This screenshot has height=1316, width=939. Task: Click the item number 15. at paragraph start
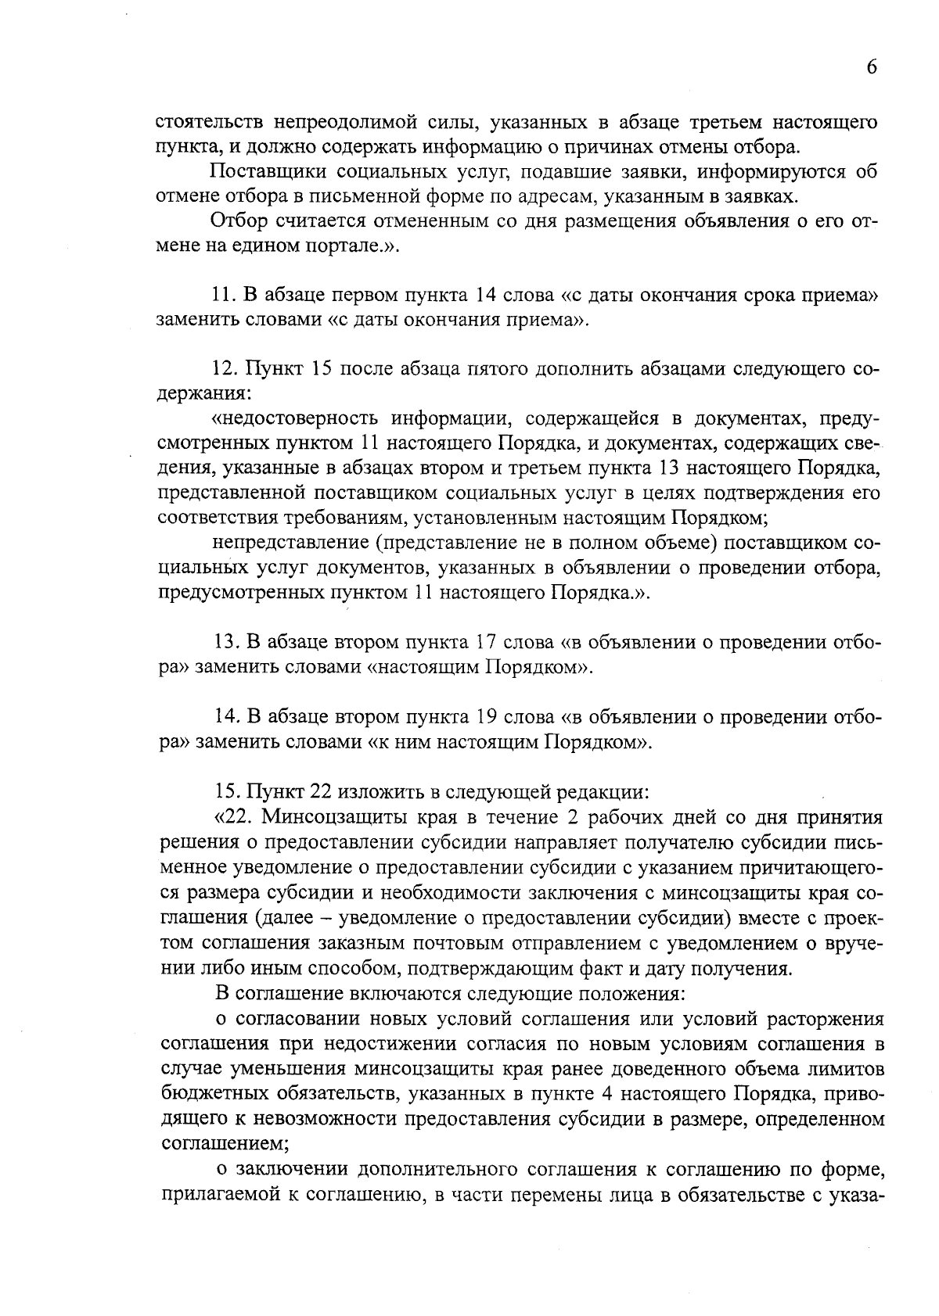click(x=227, y=791)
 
